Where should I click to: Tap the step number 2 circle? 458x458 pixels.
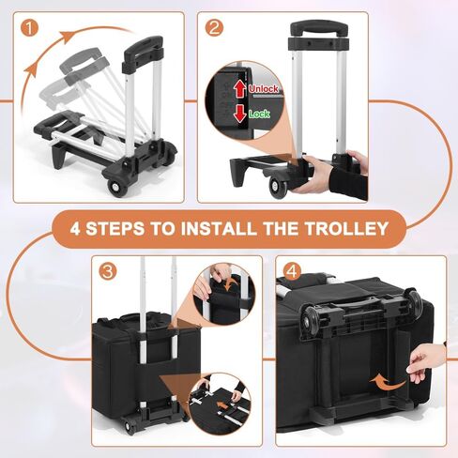point(214,27)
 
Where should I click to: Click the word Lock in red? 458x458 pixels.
point(259,112)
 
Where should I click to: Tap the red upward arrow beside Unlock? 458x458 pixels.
point(240,89)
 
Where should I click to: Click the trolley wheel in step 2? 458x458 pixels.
point(279,188)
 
